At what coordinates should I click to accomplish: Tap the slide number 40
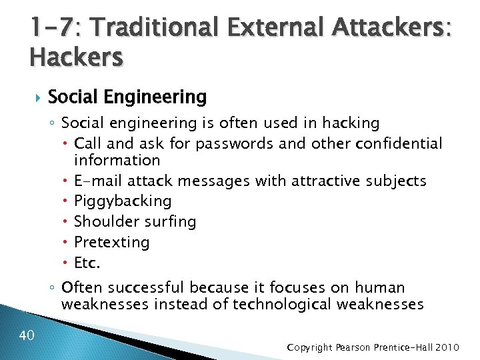pyautogui.click(x=27, y=335)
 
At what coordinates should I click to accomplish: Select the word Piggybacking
pyautogui.click(x=123, y=201)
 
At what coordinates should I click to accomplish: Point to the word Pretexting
pyautogui.click(x=112, y=242)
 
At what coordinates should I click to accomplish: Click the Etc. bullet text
pyautogui.click(x=87, y=263)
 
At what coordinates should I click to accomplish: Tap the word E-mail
pyautogui.click(x=97, y=181)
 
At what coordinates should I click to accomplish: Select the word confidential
pyautogui.click(x=408, y=143)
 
